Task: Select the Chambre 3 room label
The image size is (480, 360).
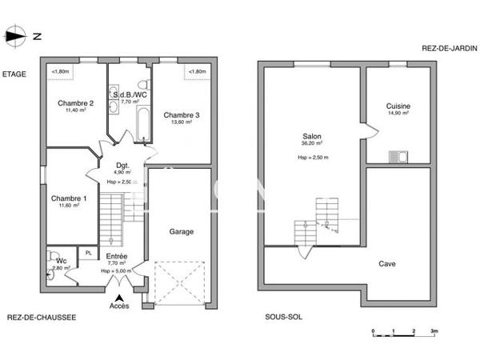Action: pos(182,115)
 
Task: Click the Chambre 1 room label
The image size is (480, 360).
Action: pos(68,198)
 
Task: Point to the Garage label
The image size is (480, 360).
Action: pos(181,231)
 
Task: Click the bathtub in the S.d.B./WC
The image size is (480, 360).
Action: pos(143,124)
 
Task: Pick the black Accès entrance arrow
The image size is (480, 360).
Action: pos(120,297)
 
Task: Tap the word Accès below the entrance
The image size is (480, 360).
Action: pos(119,306)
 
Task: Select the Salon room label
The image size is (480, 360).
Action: pos(311,137)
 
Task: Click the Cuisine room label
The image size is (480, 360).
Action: pos(398,106)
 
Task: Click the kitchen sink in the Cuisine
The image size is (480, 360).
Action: pos(398,156)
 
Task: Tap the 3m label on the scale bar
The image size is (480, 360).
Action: pos(434,330)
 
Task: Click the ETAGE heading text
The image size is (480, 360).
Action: pos(14,74)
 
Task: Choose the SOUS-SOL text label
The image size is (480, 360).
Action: pos(283,317)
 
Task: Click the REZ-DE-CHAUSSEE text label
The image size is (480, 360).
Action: pos(42,317)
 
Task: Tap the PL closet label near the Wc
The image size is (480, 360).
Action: pos(89,253)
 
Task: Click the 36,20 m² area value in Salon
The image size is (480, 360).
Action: pos(311,144)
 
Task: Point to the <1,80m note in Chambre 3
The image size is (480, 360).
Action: pos(197,73)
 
